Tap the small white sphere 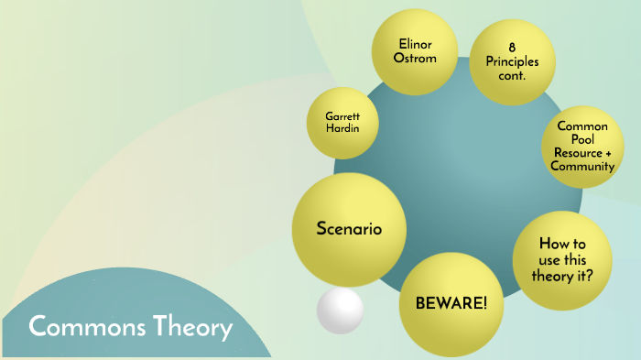pos(340,309)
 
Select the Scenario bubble pos(348,229)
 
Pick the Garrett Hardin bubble pos(343,122)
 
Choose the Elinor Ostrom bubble pos(415,51)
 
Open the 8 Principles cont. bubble pos(512,62)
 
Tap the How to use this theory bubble pos(560,258)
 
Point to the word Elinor pos(415,43)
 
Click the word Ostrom pos(415,59)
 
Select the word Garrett pos(343,115)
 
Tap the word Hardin pos(343,128)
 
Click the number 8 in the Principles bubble pos(513,48)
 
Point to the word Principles pos(513,62)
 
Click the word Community pos(582,167)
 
